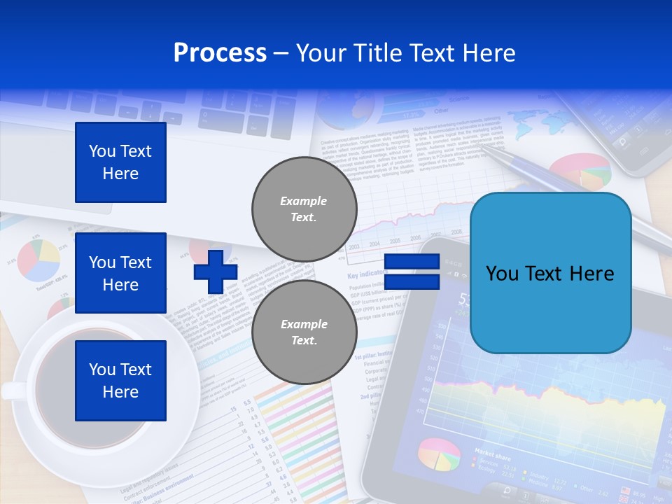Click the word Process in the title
point(220,53)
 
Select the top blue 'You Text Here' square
point(120,162)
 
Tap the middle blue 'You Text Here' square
point(120,273)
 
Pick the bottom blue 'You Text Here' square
point(120,381)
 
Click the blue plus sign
point(215,272)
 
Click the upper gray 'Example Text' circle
point(304,209)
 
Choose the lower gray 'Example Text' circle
point(304,332)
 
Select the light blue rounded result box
point(550,273)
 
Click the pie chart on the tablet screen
point(439,455)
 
